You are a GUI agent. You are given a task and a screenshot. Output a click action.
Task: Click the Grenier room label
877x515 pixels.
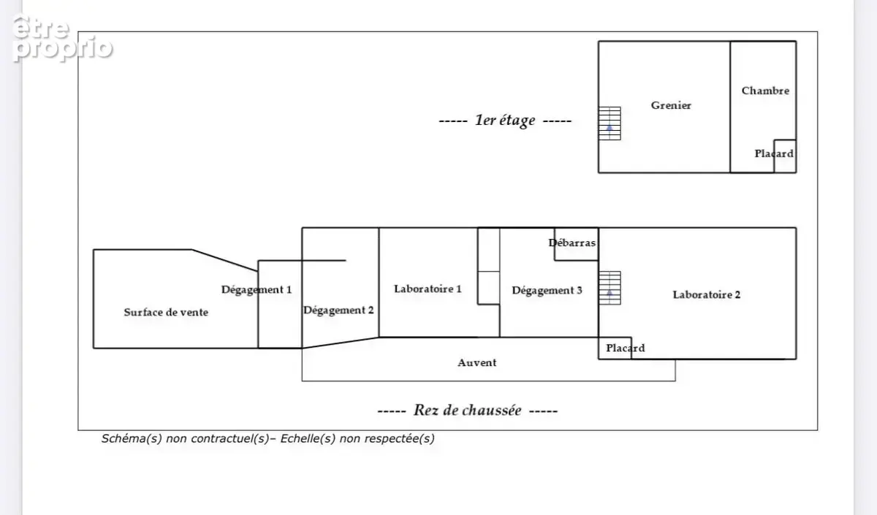[671, 105]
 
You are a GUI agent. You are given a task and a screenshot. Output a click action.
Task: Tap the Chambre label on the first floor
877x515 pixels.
[765, 91]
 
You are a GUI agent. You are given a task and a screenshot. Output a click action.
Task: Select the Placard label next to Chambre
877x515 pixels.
[774, 154]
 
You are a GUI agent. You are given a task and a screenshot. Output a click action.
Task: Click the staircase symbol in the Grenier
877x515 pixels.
[610, 123]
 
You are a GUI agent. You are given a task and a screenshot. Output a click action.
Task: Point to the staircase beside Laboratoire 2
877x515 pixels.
[610, 288]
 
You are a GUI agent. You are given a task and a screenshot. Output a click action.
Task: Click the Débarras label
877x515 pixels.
[572, 243]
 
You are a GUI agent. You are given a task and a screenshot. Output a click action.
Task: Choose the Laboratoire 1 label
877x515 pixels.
[428, 289]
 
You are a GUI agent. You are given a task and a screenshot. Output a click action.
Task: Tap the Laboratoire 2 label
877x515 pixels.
[707, 294]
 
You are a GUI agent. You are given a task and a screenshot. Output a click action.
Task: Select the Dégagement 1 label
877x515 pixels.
[257, 290]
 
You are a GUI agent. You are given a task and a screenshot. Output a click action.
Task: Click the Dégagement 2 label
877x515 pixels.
[338, 310]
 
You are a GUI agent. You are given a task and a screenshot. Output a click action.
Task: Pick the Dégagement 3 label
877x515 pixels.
[547, 291]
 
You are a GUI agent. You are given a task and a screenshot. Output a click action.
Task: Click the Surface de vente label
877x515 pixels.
[166, 313]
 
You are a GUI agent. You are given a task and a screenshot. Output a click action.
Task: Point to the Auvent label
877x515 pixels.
[477, 363]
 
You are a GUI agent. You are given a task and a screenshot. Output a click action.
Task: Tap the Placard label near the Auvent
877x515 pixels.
[626, 348]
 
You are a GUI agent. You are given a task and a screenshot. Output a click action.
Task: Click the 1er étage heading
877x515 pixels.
[505, 120]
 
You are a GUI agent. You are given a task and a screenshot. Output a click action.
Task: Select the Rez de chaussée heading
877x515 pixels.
[468, 411]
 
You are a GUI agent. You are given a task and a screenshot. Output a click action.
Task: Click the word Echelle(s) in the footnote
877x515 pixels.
[308, 439]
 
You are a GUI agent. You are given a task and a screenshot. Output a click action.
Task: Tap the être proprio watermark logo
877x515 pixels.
[62, 38]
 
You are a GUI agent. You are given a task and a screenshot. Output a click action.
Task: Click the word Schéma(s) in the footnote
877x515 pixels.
[132, 439]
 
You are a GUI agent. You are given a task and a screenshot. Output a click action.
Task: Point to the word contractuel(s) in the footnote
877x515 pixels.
[230, 439]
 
